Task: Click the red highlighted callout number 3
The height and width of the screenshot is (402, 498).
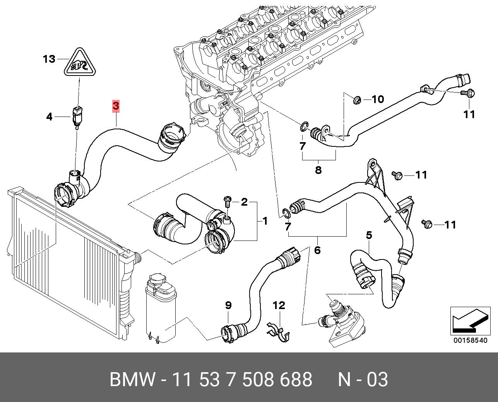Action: tap(116, 105)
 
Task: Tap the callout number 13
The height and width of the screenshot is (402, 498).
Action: tap(49, 59)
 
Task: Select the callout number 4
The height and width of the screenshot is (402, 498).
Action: tap(49, 116)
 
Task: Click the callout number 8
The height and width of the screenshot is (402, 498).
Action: tap(318, 170)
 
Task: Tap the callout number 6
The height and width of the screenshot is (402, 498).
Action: tap(317, 250)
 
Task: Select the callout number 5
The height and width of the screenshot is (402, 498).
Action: tap(369, 235)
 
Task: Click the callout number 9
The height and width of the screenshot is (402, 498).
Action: tap(228, 305)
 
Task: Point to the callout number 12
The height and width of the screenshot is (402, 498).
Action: tap(279, 306)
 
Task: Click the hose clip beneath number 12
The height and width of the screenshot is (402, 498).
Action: tap(281, 332)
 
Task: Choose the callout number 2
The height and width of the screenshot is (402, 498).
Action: tap(244, 202)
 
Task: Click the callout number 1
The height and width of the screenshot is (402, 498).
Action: tap(265, 221)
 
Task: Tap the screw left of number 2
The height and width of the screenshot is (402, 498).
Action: tap(227, 201)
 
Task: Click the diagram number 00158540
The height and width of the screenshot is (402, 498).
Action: tap(470, 340)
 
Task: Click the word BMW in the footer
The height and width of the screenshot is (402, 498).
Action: tap(132, 380)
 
